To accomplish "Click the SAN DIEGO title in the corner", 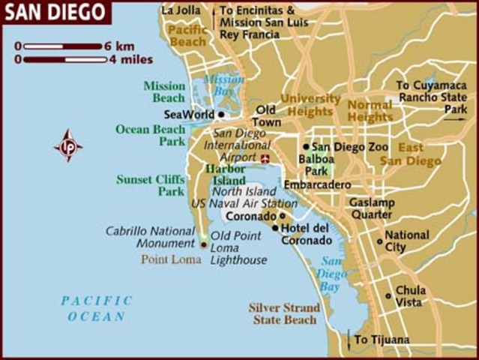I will click(x=53, y=12).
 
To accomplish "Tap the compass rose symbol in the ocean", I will click(x=68, y=145).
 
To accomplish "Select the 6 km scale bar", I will click(x=61, y=46).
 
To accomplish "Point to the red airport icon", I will click(x=265, y=158).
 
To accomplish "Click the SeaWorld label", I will click(x=187, y=115).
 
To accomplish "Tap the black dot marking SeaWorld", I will click(x=220, y=115).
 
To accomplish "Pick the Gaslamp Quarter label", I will click(x=370, y=208).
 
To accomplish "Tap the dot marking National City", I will click(x=379, y=241).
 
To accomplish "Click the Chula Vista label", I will click(x=410, y=295).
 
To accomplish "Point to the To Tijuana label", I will click(x=382, y=340).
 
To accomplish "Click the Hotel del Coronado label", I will click(x=306, y=234).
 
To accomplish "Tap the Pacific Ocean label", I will click(x=97, y=308).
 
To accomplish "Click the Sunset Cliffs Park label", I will click(x=150, y=185).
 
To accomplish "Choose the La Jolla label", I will click(x=181, y=10).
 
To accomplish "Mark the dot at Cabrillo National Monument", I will click(x=203, y=244).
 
